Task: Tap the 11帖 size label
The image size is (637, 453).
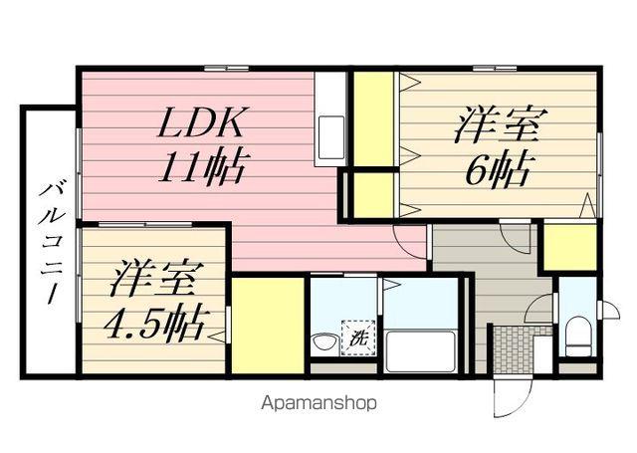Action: click(x=204, y=163)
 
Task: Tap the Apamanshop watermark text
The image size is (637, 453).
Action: click(x=318, y=404)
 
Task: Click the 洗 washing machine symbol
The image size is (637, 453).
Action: click(x=356, y=337)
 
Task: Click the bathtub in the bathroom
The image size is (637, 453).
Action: click(x=420, y=349)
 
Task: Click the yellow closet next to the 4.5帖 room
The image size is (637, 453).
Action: click(x=268, y=324)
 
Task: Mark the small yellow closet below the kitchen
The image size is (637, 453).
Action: click(x=371, y=194)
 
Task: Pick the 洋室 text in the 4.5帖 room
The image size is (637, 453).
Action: click(x=150, y=277)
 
